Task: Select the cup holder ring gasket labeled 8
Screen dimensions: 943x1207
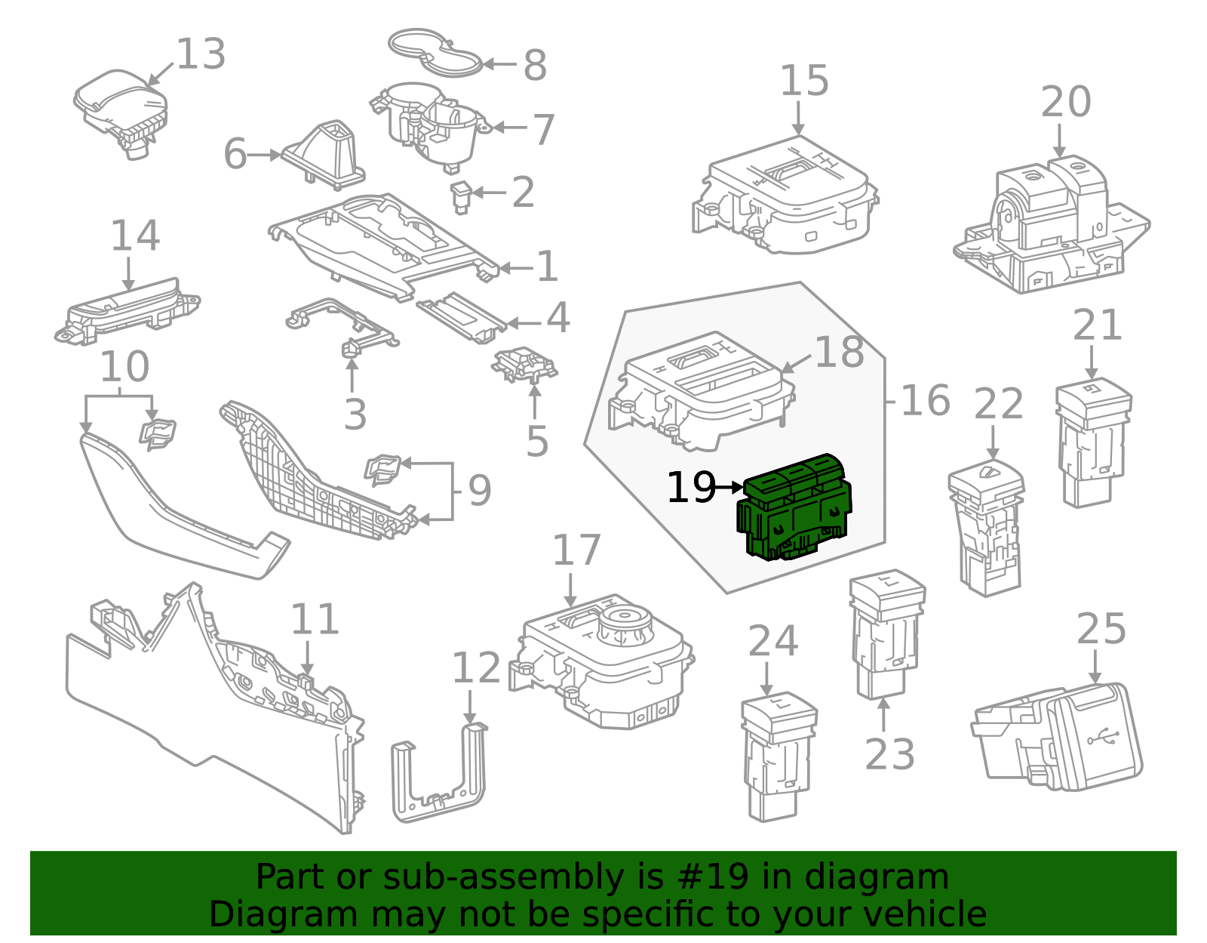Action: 435,53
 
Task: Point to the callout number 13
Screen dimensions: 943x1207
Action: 201,54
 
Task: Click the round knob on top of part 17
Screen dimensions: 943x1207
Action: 625,625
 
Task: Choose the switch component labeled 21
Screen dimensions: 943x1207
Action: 1092,442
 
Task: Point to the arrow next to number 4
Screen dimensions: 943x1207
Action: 522,323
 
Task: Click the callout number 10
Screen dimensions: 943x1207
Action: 124,367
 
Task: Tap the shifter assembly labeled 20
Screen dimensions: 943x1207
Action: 1052,227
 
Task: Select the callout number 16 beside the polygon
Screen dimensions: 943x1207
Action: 925,400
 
